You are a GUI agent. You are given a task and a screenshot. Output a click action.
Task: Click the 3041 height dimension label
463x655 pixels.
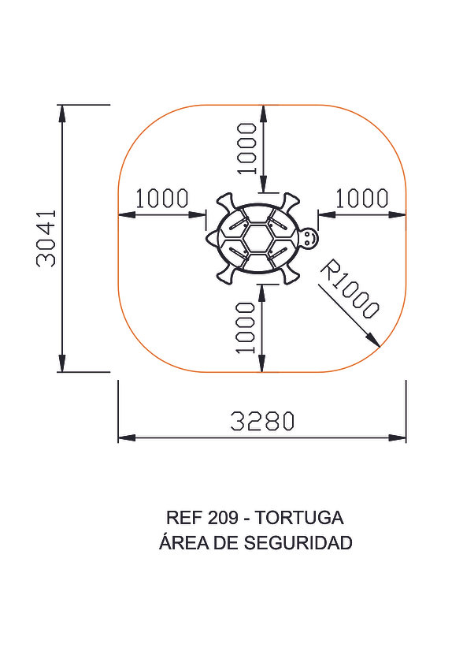(46, 239)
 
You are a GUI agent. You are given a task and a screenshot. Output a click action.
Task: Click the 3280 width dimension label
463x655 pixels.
(263, 421)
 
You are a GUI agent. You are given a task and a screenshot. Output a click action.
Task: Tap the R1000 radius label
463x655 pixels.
(350, 288)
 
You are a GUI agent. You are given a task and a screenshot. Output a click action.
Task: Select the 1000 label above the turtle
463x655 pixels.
(246, 148)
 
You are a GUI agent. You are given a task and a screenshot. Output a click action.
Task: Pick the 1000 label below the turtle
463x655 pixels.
(245, 328)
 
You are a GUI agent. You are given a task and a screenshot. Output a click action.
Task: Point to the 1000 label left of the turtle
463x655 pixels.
(162, 199)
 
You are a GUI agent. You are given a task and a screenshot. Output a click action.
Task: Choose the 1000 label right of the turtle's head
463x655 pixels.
(362, 199)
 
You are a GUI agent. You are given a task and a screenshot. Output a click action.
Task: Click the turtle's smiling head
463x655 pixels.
(309, 238)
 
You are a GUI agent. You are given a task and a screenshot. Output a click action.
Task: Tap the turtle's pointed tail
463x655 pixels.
(212, 238)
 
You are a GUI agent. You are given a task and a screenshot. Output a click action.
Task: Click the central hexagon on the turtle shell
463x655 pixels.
(257, 238)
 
